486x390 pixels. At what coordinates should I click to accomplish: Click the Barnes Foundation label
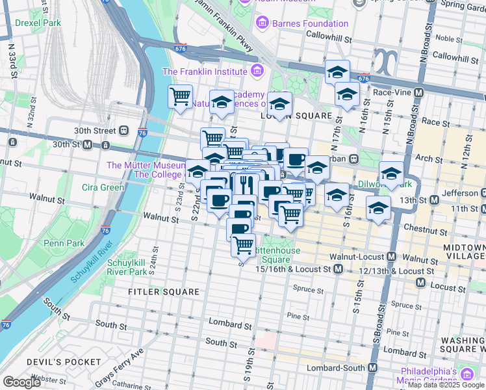click(311, 24)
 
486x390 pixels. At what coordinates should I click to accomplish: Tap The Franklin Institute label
click(205, 71)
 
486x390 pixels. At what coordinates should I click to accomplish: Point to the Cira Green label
click(103, 188)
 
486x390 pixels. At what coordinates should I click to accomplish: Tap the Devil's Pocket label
click(64, 362)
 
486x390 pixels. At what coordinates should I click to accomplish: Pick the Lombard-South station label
click(338, 368)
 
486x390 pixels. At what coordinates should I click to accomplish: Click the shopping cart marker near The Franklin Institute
click(180, 96)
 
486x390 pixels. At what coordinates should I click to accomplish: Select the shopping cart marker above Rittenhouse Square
click(243, 244)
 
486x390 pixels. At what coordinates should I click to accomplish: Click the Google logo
click(21, 382)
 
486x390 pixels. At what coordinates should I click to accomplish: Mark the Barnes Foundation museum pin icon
click(262, 24)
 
